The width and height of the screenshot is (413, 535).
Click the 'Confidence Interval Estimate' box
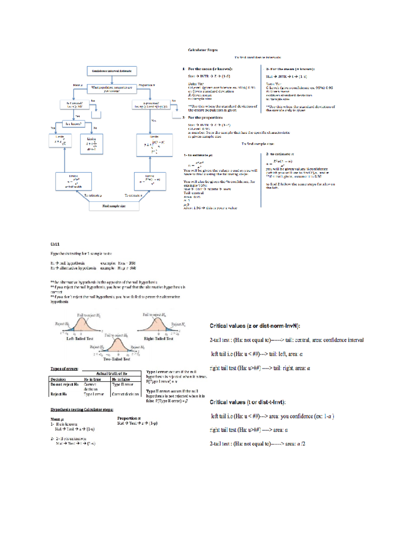click(x=112, y=71)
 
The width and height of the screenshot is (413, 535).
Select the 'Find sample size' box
click(x=114, y=206)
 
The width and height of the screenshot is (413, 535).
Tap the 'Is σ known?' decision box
click(x=74, y=124)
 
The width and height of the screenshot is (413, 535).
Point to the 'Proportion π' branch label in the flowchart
click(x=147, y=85)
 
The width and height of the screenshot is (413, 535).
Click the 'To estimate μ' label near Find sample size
click(x=93, y=195)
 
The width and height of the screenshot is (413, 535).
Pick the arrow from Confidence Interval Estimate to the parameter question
click(x=112, y=80)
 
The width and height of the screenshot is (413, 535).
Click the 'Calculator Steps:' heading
click(x=203, y=50)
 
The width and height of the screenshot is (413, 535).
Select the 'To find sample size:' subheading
click(x=258, y=144)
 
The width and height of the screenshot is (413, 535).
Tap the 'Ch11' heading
click(x=55, y=244)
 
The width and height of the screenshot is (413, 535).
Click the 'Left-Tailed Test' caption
click(x=80, y=339)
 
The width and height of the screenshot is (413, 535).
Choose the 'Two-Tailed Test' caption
click(x=117, y=359)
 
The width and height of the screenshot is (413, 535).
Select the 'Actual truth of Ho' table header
click(x=112, y=373)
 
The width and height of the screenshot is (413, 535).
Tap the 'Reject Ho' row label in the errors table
click(x=59, y=394)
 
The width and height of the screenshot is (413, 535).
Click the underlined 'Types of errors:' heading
click(x=64, y=369)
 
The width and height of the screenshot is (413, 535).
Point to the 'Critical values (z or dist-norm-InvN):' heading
click(x=255, y=326)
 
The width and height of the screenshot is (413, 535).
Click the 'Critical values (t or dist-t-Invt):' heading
click(x=247, y=402)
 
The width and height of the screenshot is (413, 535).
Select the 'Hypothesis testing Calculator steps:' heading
click(x=82, y=410)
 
